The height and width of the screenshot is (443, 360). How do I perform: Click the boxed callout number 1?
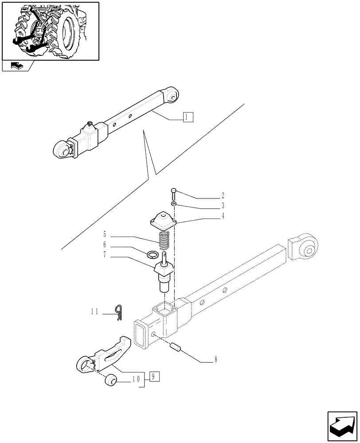coord(188,117)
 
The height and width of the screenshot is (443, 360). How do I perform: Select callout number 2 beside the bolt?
coord(223,195)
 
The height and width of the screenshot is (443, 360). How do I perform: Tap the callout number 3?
coord(223,206)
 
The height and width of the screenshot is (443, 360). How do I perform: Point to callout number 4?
coord(223,216)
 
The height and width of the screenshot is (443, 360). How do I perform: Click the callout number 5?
coord(105,233)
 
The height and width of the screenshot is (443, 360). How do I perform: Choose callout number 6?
coord(105,245)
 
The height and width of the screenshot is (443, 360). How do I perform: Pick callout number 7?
coord(105,256)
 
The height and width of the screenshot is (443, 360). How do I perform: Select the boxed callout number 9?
coord(153,377)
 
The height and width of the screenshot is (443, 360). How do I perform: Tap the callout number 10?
coord(135,379)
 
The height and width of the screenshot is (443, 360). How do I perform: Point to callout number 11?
coord(95,312)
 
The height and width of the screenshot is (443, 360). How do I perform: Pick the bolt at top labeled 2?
coord(174,193)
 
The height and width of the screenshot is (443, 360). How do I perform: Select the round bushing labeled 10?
coord(110,380)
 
